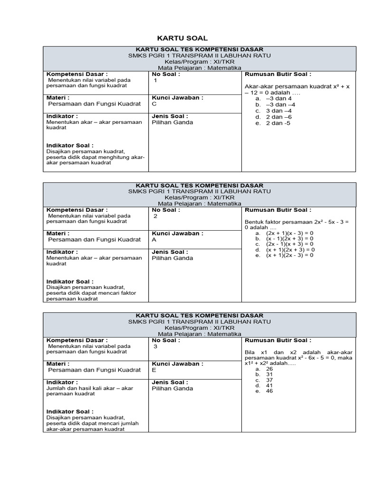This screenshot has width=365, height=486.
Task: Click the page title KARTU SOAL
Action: pyautogui.click(x=182, y=38)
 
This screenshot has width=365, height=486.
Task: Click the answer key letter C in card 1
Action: pyautogui.click(x=154, y=104)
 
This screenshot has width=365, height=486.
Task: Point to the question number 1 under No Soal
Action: pyautogui.click(x=155, y=81)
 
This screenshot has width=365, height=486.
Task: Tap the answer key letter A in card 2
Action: pyautogui.click(x=154, y=240)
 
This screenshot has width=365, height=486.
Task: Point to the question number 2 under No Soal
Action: pyautogui.click(x=155, y=216)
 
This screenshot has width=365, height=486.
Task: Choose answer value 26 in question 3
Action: pyautogui.click(x=269, y=368)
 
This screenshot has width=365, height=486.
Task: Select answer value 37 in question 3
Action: pyautogui.click(x=269, y=380)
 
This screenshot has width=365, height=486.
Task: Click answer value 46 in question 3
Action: pyautogui.click(x=269, y=391)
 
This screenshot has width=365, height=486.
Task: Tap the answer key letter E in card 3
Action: pyautogui.click(x=154, y=370)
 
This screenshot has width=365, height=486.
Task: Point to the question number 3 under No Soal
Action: pyautogui.click(x=155, y=346)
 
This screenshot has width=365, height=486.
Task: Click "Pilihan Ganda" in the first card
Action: pyautogui.click(x=172, y=122)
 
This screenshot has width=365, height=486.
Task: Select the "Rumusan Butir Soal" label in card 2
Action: pyautogui.click(x=278, y=210)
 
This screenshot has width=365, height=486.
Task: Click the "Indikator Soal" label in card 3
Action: pyautogui.click(x=69, y=411)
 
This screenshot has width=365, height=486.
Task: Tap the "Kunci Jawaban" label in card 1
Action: pyautogui.click(x=177, y=97)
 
